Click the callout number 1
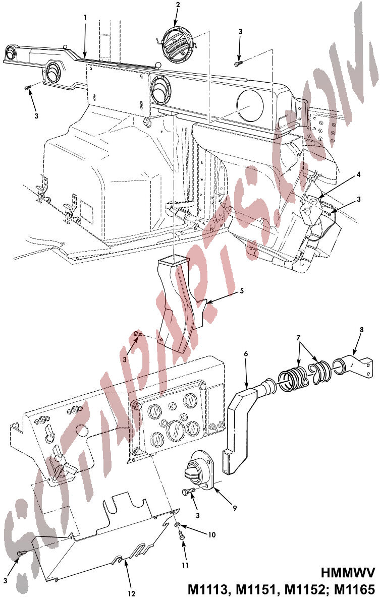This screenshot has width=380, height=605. tap(85, 18)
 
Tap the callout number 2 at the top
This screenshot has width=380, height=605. tap(178, 5)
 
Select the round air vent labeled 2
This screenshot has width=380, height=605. tap(178, 45)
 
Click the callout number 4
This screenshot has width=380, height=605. tap(358, 174)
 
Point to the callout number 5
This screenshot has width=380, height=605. tap(242, 291)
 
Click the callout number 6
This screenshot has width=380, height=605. tap(246, 353)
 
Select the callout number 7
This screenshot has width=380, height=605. tap(298, 338)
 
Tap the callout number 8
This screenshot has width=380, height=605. tap(362, 330)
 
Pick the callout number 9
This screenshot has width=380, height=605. tap(235, 508)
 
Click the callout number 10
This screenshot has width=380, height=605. tap(211, 534)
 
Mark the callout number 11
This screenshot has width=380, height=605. tap(185, 565)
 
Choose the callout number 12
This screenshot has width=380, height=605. tap(131, 594)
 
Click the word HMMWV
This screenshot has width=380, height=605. tap(348, 573)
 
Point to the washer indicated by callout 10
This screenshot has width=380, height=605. tap(177, 524)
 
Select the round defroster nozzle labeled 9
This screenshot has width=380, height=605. tap(200, 471)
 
